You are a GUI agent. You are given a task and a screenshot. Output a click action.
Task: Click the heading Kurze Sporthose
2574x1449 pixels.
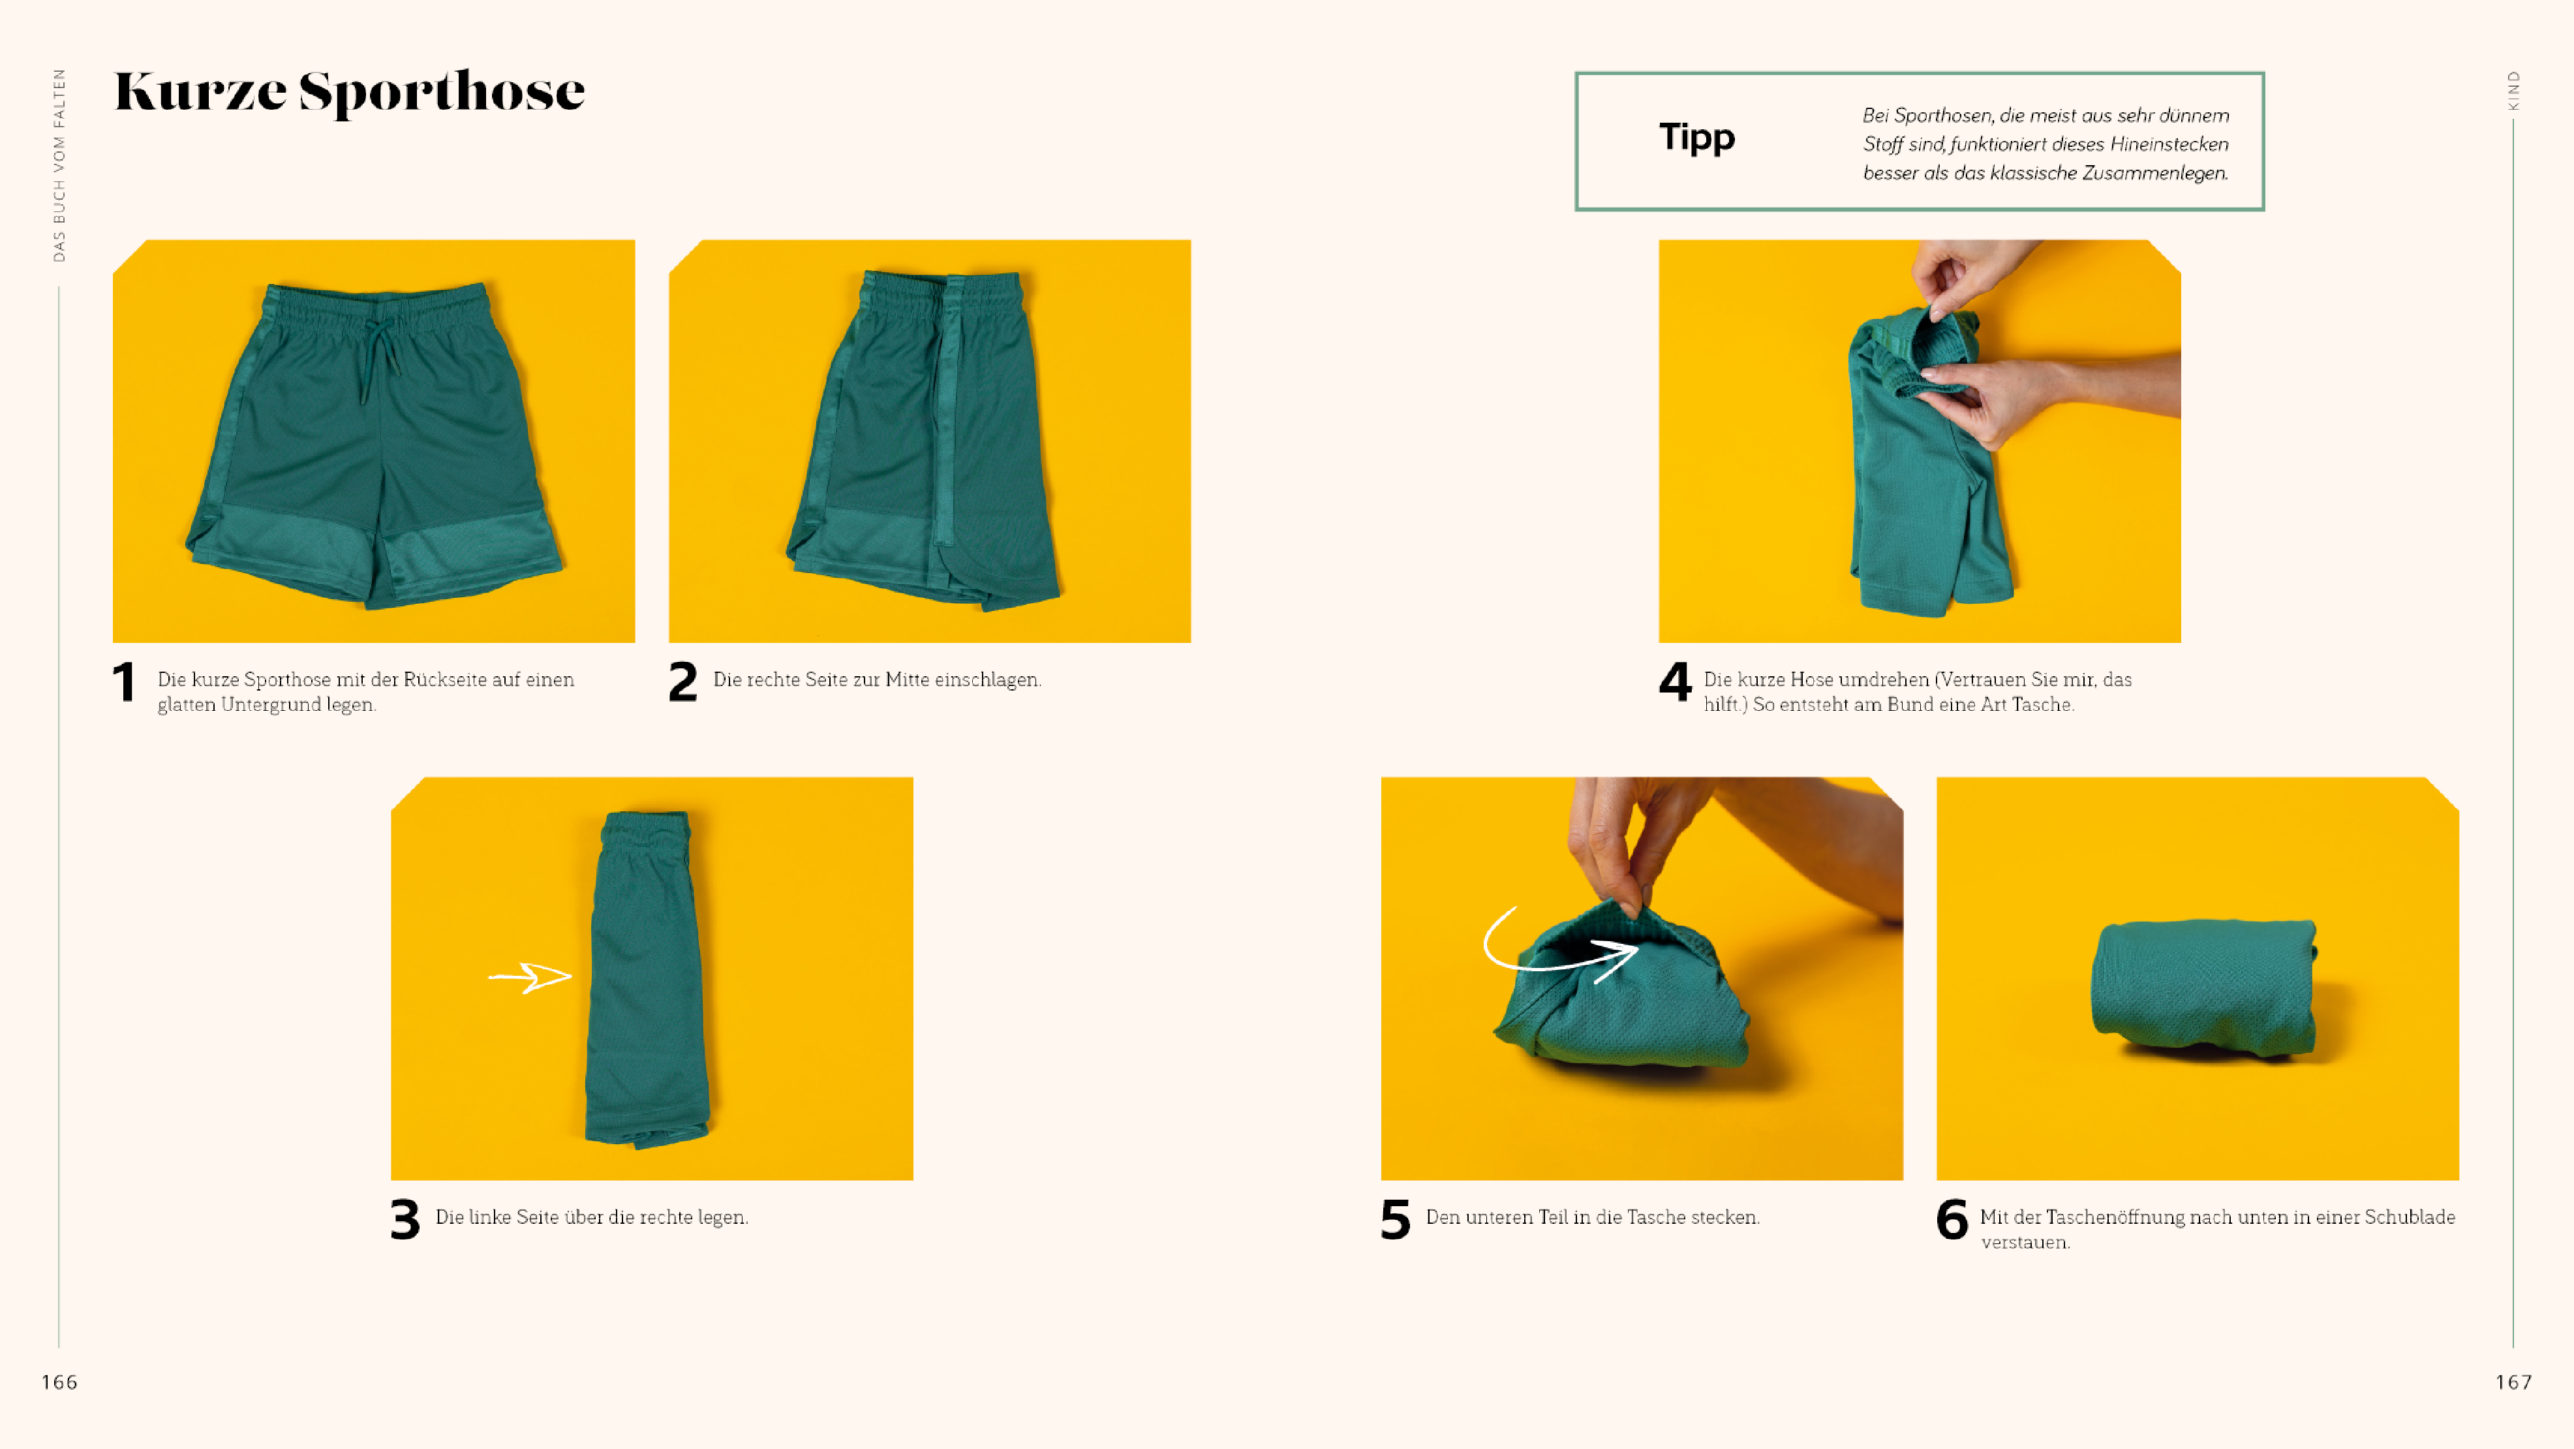[350, 92]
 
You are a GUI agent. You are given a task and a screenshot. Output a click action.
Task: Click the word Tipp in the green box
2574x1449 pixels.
[1696, 137]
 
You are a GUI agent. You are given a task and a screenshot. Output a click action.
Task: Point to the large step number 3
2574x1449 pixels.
[405, 1219]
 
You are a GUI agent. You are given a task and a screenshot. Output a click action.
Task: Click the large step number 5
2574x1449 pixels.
[1395, 1219]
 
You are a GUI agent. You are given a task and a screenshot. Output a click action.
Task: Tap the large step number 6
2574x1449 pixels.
[1952, 1219]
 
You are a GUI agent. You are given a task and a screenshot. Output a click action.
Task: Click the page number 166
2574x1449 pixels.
[59, 1382]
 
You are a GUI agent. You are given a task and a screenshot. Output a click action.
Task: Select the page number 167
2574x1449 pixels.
[2513, 1382]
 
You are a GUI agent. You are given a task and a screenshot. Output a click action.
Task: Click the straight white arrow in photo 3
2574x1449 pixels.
[530, 976]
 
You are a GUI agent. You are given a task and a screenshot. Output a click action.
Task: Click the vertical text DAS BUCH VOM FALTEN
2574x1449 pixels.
[59, 165]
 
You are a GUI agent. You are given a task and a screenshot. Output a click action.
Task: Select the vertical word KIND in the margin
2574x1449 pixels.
[2513, 91]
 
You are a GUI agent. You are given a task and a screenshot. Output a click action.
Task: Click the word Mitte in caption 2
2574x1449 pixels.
[908, 679]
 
